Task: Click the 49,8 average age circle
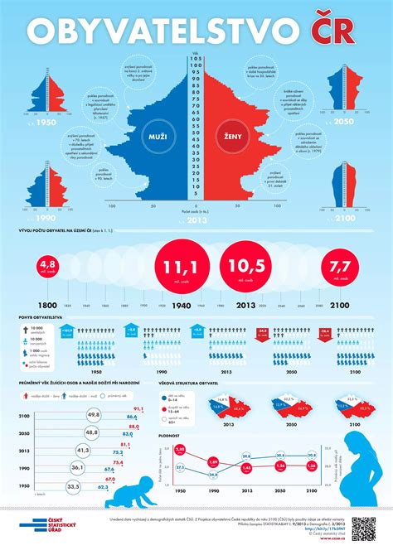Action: click(x=94, y=414)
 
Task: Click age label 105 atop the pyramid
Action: click(x=196, y=60)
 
